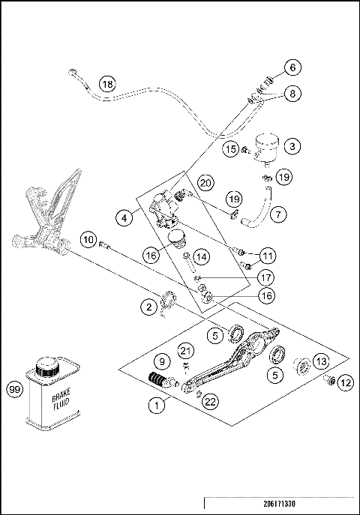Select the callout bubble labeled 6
coord(293,67)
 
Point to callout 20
coord(207,183)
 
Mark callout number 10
coord(89,241)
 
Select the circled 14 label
coord(200,257)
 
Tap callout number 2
coord(151,306)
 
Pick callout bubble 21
coord(185,351)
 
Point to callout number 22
coord(211,402)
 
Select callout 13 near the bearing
coord(320,361)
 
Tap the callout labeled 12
coord(345,382)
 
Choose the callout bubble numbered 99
coord(13,390)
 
